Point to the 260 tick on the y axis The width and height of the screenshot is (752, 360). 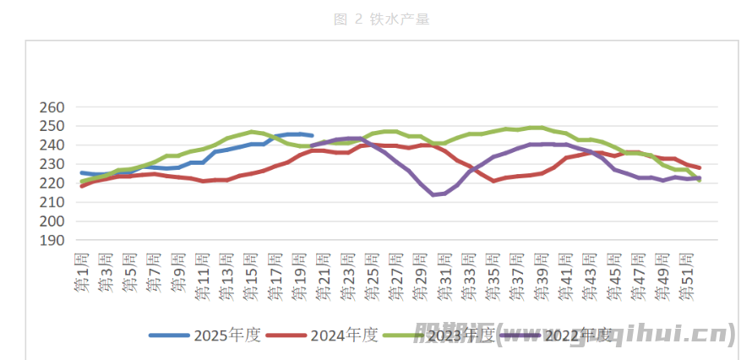[52, 108]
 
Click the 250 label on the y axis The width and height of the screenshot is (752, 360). [52, 127]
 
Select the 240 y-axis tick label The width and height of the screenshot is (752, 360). [52, 145]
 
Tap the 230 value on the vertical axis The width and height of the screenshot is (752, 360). [52, 165]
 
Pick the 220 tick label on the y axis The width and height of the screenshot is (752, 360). [52, 183]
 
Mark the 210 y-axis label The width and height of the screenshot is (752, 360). [52, 202]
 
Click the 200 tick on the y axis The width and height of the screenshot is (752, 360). [52, 221]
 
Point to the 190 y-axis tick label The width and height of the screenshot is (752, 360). [52, 240]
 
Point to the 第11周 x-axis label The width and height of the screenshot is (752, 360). [204, 276]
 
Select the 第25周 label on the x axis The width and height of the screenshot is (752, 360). [373, 276]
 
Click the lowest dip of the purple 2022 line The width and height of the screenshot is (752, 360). [433, 194]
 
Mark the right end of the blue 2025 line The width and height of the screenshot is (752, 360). [313, 135]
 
